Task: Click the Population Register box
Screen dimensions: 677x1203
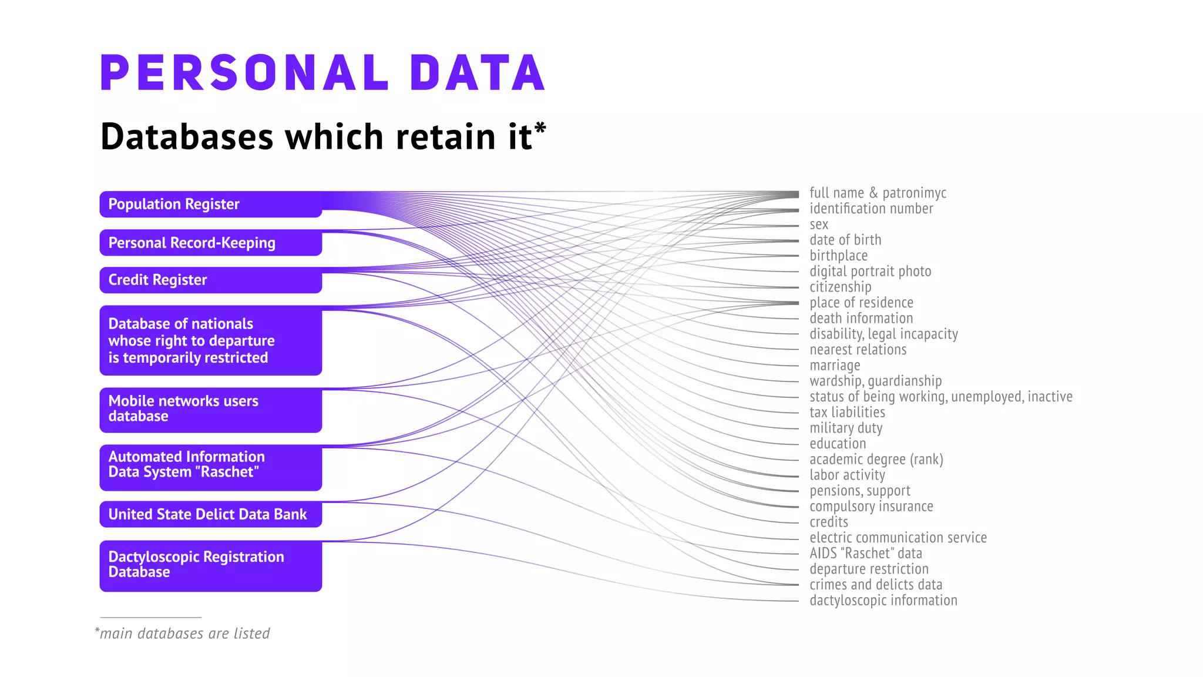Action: click(x=210, y=205)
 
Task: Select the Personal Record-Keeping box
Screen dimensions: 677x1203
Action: click(x=210, y=243)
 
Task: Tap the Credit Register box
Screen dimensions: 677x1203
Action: click(x=210, y=280)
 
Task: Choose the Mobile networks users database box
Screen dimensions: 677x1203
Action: click(x=210, y=410)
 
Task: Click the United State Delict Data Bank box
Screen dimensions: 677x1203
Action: click(x=210, y=514)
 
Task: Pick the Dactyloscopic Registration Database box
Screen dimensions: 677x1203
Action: click(x=210, y=565)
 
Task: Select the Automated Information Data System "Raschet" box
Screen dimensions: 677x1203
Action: click(x=210, y=467)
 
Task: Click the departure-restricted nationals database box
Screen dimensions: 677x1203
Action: click(x=210, y=340)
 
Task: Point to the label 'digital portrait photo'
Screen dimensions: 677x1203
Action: click(x=870, y=272)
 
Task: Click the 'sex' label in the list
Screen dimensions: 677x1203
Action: click(x=819, y=224)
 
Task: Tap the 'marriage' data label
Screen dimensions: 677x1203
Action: click(x=835, y=366)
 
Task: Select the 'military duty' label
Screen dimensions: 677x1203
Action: click(x=846, y=428)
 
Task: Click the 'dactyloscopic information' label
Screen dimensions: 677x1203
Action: click(x=883, y=601)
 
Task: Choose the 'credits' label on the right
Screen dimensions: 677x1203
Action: click(x=829, y=522)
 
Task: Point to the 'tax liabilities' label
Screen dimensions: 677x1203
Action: click(x=847, y=413)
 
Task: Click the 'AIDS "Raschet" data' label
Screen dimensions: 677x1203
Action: click(x=865, y=554)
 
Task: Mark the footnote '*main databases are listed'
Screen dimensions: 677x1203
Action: click(x=183, y=634)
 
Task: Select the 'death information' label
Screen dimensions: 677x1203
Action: click(x=861, y=319)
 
